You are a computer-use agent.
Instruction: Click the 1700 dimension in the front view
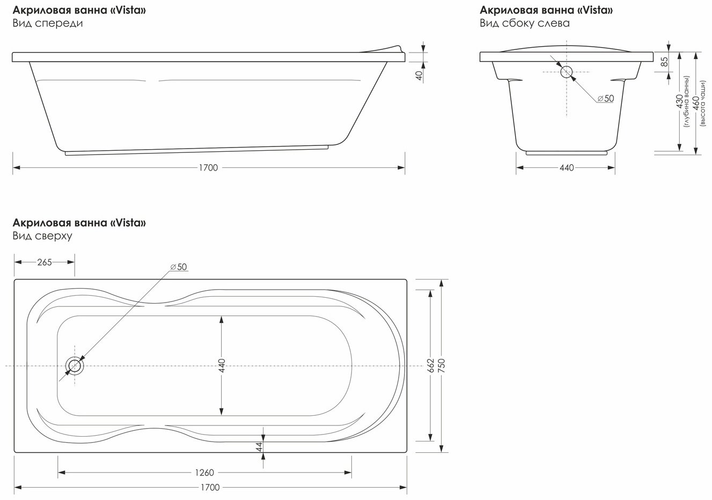click(x=208, y=167)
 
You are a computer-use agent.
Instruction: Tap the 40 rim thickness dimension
click(x=419, y=75)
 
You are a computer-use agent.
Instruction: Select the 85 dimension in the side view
click(x=664, y=62)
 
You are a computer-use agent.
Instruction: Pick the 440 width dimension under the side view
click(x=567, y=167)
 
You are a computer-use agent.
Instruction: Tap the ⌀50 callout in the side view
click(x=606, y=99)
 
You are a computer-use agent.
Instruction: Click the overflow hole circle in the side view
click(x=567, y=72)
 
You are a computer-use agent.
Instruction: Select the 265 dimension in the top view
click(x=45, y=262)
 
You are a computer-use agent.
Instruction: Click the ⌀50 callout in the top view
click(x=179, y=267)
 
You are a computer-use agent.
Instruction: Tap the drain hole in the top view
click(x=75, y=366)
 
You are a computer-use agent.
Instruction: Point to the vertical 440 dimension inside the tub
click(x=222, y=365)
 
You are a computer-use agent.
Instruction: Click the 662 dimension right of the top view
click(x=430, y=365)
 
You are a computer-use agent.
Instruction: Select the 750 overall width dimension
click(x=442, y=365)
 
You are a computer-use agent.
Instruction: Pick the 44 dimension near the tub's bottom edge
click(x=259, y=446)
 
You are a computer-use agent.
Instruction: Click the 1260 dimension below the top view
click(x=204, y=473)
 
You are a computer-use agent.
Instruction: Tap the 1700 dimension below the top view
click(x=210, y=487)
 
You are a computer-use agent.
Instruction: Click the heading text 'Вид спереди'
click(x=48, y=24)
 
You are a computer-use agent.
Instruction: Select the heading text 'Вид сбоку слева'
click(x=525, y=23)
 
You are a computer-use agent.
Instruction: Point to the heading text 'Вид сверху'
click(x=42, y=236)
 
